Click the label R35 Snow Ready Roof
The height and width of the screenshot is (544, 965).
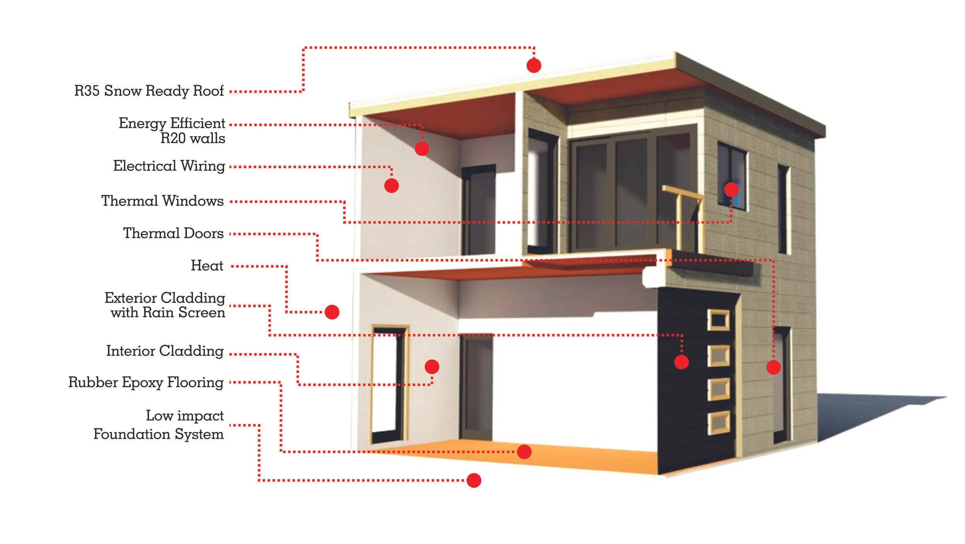point(149,91)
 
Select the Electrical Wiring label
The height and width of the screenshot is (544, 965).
point(169,166)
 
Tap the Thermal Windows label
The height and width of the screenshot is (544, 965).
point(163,201)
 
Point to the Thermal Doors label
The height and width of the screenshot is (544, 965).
point(173,233)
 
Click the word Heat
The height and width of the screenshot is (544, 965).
point(207,266)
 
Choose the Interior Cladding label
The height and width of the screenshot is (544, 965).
point(165,351)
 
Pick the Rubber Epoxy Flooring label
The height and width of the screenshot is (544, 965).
point(146,382)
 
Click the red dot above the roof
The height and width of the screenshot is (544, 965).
point(534,66)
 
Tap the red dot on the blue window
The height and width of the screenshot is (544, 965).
point(731,190)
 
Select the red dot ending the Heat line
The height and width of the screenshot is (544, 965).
point(332,312)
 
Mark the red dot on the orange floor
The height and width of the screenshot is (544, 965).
point(524,451)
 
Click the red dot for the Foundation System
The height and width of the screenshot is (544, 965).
point(474,480)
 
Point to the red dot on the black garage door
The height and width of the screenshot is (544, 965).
point(681,362)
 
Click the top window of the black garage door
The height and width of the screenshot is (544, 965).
point(718,320)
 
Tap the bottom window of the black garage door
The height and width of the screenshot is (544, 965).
point(718,423)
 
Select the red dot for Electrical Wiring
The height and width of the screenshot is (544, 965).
point(391,186)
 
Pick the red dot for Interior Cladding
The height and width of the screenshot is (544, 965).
point(432,367)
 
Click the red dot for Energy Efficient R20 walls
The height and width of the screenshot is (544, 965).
point(422,148)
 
